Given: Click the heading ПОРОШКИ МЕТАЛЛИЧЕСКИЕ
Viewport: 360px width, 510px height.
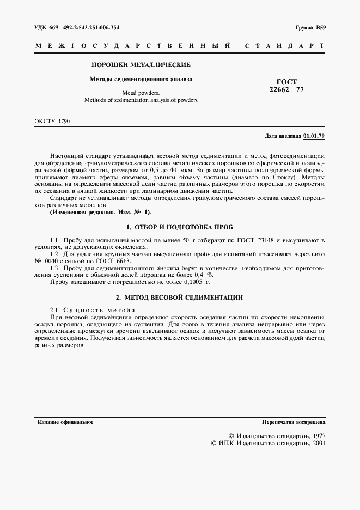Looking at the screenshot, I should pyautogui.click(x=141, y=65).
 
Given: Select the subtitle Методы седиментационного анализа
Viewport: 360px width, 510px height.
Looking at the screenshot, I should pyautogui.click(x=141, y=79).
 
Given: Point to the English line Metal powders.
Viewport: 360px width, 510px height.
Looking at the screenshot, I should pyautogui.click(x=141, y=93).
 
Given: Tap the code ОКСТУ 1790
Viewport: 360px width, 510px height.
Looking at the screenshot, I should pyautogui.click(x=52, y=120).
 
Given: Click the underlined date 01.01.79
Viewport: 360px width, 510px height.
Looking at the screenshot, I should pyautogui.click(x=314, y=135).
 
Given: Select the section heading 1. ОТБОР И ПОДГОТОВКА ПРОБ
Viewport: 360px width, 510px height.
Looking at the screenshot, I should pyautogui.click(x=180, y=226).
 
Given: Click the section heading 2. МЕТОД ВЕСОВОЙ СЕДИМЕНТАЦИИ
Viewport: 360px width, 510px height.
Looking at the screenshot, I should pyautogui.click(x=180, y=297).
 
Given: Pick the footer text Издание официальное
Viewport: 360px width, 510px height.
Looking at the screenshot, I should pyautogui.click(x=65, y=422).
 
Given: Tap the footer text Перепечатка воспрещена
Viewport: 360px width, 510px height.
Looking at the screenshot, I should pyautogui.click(x=294, y=422).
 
